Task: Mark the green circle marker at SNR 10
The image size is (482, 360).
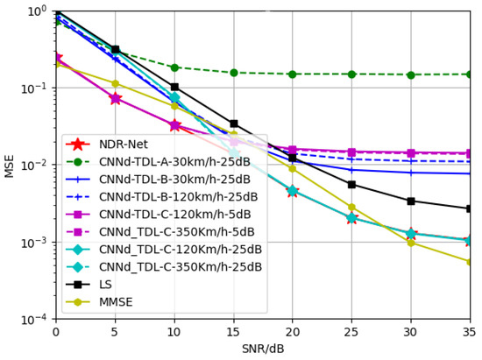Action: coord(174,67)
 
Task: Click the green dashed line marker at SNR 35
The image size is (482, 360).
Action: coord(470,74)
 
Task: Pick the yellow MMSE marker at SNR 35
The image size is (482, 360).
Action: coord(470,262)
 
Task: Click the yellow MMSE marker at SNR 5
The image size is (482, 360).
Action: coord(116,83)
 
